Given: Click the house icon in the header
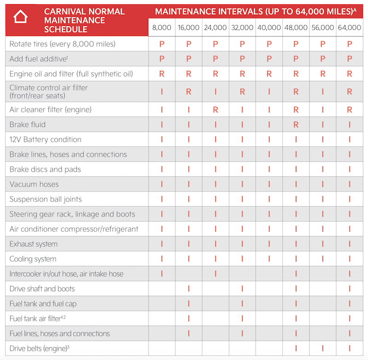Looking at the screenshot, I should pyautogui.click(x=21, y=18).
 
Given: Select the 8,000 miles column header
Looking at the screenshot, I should pyautogui.click(x=161, y=28).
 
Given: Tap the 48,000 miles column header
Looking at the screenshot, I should pyautogui.click(x=295, y=28).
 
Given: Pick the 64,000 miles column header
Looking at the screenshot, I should pyautogui.click(x=349, y=28).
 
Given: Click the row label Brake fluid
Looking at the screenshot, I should pyautogui.click(x=28, y=125).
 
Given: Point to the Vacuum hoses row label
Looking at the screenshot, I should pyautogui.click(x=34, y=185).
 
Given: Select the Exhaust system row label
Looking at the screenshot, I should pyautogui.click(x=34, y=244).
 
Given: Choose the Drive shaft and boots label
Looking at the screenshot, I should pyautogui.click(x=42, y=289).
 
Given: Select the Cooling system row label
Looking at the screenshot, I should pyautogui.click(x=33, y=259).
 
